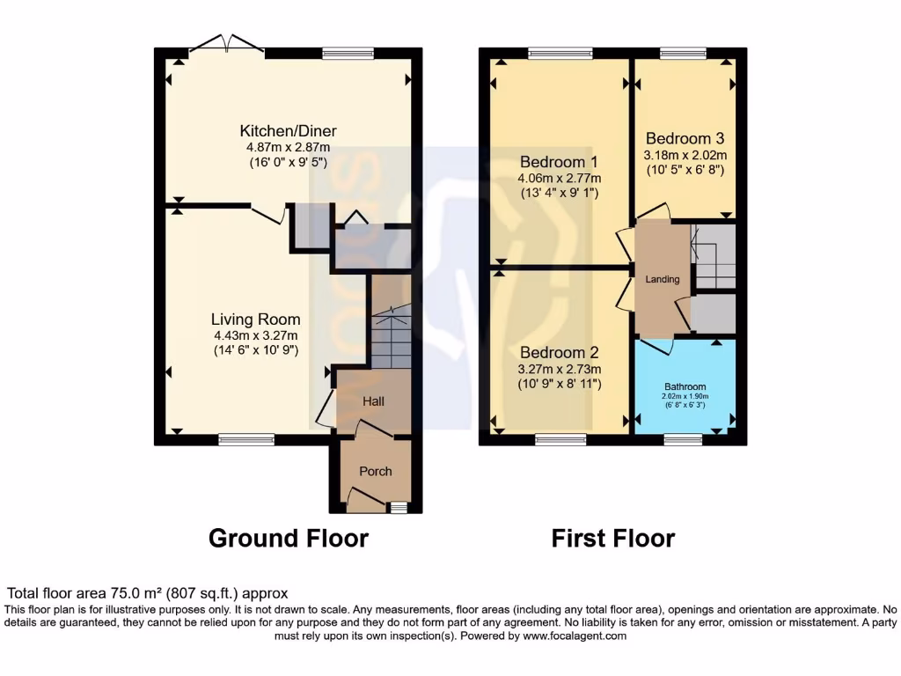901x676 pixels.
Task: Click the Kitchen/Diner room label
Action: tap(289, 131)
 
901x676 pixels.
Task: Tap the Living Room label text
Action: tap(255, 320)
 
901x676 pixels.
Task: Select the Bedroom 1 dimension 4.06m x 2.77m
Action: tap(559, 178)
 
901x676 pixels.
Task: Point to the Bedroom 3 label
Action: tap(685, 138)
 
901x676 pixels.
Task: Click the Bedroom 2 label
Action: tap(559, 353)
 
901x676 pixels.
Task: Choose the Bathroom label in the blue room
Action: tap(685, 386)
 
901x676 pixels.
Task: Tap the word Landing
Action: tap(663, 280)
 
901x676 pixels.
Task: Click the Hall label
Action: tap(374, 401)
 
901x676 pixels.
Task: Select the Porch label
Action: tap(376, 472)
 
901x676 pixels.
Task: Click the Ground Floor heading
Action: tap(288, 538)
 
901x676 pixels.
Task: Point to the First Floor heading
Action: tap(613, 538)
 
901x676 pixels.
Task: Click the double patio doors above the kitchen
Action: tap(228, 44)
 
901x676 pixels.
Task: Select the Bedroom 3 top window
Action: tap(683, 54)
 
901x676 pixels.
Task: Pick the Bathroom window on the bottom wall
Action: tap(683, 439)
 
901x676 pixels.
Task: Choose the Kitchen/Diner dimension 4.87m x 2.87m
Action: tap(289, 147)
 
